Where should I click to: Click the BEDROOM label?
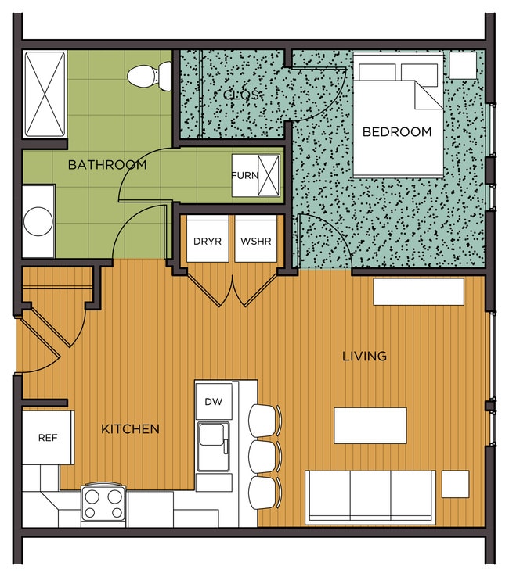pyautogui.click(x=397, y=131)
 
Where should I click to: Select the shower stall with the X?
pyautogui.click(x=45, y=94)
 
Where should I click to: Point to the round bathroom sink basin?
pyautogui.click(x=38, y=221)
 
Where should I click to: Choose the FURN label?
pyautogui.click(x=245, y=176)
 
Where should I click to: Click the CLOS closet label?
pyautogui.click(x=241, y=95)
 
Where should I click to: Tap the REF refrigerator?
pyautogui.click(x=49, y=438)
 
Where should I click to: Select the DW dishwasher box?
pyautogui.click(x=214, y=401)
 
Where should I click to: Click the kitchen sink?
pyautogui.click(x=214, y=446)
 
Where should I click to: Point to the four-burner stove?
pyautogui.click(x=103, y=504)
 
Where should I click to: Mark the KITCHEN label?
pyautogui.click(x=130, y=429)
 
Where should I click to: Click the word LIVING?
pyautogui.click(x=364, y=357)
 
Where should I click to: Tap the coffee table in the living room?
pyautogui.click(x=370, y=425)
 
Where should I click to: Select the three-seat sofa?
pyautogui.click(x=370, y=497)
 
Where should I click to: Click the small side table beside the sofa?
pyautogui.click(x=456, y=484)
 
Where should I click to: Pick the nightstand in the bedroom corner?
pyautogui.click(x=463, y=65)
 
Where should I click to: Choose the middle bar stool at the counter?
pyautogui.click(x=265, y=457)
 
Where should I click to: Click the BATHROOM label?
pyautogui.click(x=107, y=164)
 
